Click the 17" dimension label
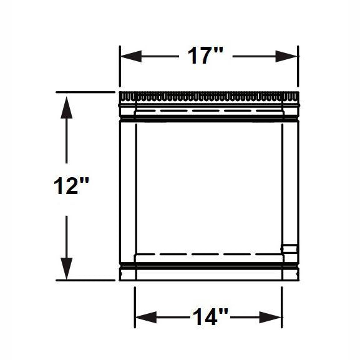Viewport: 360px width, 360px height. tap(205, 56)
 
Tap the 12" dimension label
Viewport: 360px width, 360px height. tap(71, 186)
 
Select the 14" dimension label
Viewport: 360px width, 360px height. tap(210, 317)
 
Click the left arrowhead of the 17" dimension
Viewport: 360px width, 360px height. tap(131, 56)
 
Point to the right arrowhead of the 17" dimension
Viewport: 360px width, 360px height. tap(286, 56)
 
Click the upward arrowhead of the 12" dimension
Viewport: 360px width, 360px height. tap(67, 107)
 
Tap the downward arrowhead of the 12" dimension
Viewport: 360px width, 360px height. tap(67, 268)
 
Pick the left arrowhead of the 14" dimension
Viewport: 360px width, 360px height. tap(146, 318)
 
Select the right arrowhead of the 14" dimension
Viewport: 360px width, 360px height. tap(270, 318)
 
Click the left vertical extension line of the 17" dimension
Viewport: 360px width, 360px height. tap(120, 66)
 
